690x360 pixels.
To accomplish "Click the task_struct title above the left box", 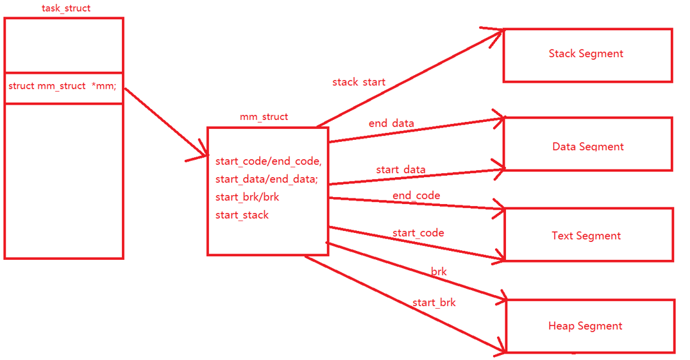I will pyautogui.click(x=66, y=8).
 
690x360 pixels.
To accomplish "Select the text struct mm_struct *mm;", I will pyautogui.click(x=62, y=86).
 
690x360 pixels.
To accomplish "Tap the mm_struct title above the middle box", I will pyautogui.click(x=264, y=117).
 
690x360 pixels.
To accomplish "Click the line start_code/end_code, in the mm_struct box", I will pyautogui.click(x=268, y=161).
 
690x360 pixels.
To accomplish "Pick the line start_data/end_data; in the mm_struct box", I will pyautogui.click(x=266, y=179).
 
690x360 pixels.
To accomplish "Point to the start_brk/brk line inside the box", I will pyautogui.click(x=247, y=197).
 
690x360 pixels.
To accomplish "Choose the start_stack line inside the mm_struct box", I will pyautogui.click(x=242, y=215).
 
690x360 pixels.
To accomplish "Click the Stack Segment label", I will pyautogui.click(x=585, y=54).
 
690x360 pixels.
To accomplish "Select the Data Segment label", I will pyautogui.click(x=587, y=146).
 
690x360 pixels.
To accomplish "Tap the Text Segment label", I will pyautogui.click(x=586, y=236).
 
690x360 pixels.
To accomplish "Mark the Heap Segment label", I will pyautogui.click(x=585, y=326).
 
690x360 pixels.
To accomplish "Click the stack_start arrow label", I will pyautogui.click(x=358, y=82).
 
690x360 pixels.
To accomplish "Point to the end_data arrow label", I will pyautogui.click(x=391, y=123).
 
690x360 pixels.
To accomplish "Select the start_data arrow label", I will pyautogui.click(x=401, y=169).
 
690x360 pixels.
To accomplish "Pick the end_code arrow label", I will pyautogui.click(x=416, y=195).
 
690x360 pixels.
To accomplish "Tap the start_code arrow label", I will pyautogui.click(x=418, y=233).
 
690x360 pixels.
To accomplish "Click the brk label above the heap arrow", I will pyautogui.click(x=439, y=271).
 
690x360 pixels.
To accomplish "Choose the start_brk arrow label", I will pyautogui.click(x=433, y=302).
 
